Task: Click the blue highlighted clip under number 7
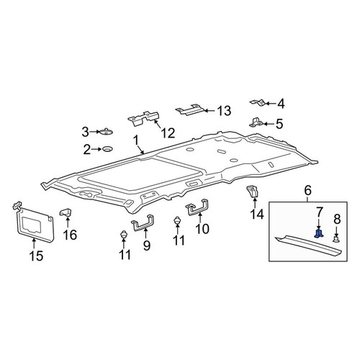tap(318, 233)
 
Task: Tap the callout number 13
tap(224, 111)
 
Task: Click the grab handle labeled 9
tap(143, 223)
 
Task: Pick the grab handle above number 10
tap(197, 207)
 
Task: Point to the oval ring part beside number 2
tap(108, 149)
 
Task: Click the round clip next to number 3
tap(107, 132)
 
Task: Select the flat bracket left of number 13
tap(190, 109)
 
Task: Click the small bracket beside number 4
tap(257, 102)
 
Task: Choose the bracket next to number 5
tap(256, 122)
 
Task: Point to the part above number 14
tap(252, 192)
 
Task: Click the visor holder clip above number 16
tap(66, 212)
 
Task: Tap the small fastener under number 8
tap(336, 238)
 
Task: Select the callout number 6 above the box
tap(307, 191)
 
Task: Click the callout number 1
tap(136, 141)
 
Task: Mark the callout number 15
tap(36, 256)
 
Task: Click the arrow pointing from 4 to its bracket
tap(271, 104)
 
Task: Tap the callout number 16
tap(70, 235)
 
